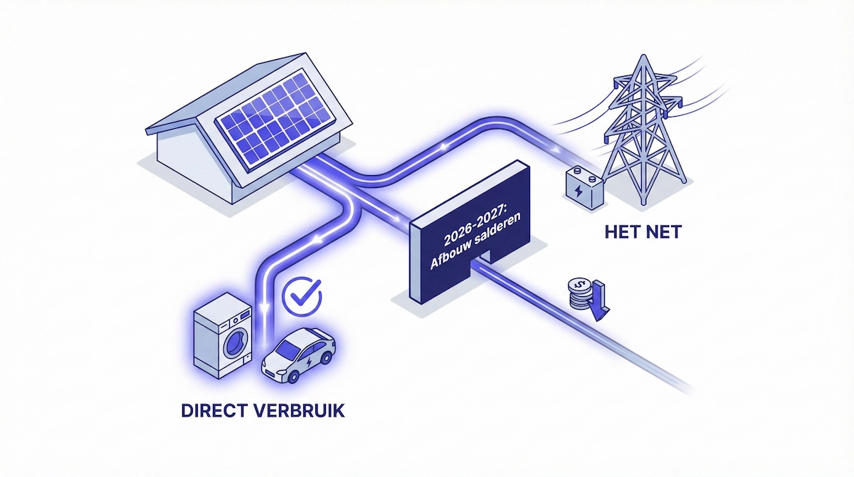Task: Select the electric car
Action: click(x=299, y=354)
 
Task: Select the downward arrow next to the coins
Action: click(x=599, y=300)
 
